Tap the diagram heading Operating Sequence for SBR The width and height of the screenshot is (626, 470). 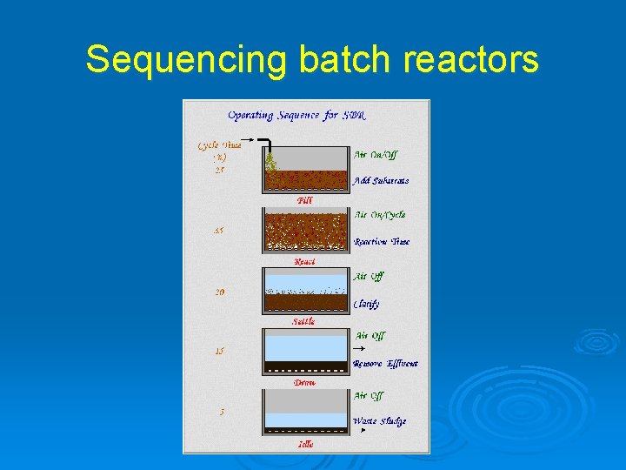[x=296, y=115]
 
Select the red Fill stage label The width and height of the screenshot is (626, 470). [x=304, y=200]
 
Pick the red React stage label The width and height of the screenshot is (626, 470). [x=304, y=261]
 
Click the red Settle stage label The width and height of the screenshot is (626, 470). [x=303, y=321]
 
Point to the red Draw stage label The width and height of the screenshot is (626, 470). [x=304, y=382]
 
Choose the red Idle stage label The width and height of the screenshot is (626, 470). [x=305, y=444]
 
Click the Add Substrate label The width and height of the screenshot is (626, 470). [x=381, y=181]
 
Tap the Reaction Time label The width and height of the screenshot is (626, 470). [x=382, y=242]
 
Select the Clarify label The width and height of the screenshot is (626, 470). [x=366, y=304]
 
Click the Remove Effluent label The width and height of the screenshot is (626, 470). [x=385, y=364]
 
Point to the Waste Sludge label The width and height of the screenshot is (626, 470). [x=379, y=421]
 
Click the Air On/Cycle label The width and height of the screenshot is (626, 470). [x=379, y=215]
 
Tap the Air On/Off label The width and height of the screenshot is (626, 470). [x=376, y=155]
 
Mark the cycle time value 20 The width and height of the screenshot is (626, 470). [x=220, y=292]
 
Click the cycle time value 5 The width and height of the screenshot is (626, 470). [x=222, y=412]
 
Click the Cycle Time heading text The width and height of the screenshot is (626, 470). [x=219, y=145]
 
